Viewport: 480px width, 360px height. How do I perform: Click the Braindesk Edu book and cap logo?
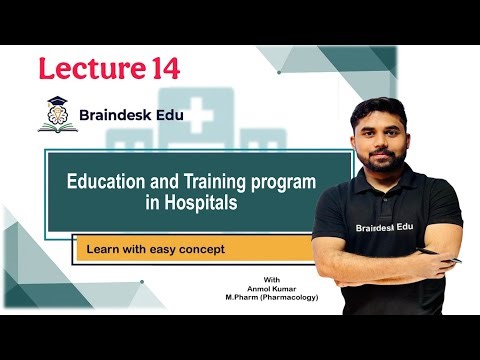point(56,115)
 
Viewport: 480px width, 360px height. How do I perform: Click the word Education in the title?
point(104,183)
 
